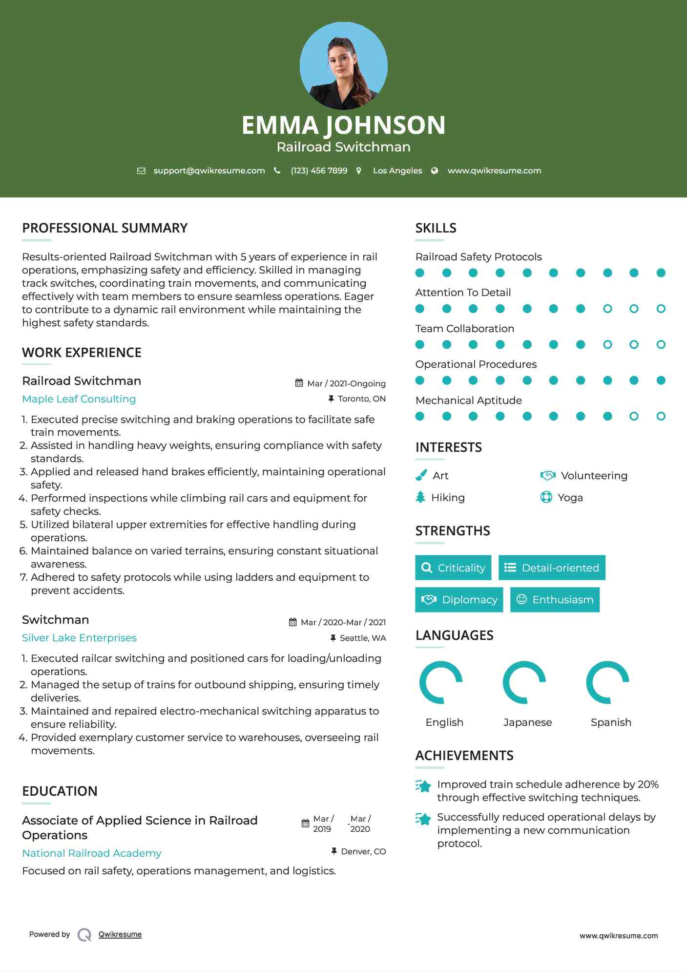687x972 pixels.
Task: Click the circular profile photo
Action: pyautogui.click(x=343, y=65)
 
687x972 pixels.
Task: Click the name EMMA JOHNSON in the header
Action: pyautogui.click(x=343, y=125)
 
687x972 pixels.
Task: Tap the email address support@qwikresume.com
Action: pyautogui.click(x=209, y=170)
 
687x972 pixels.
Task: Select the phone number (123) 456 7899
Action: pyautogui.click(x=319, y=170)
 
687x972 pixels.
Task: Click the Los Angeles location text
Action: pyautogui.click(x=397, y=170)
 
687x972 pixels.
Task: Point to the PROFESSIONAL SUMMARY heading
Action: pyautogui.click(x=104, y=228)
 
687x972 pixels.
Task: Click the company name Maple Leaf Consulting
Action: pyautogui.click(x=79, y=399)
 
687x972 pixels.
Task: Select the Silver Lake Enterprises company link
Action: pyautogui.click(x=79, y=638)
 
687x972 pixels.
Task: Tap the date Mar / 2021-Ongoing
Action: pyautogui.click(x=346, y=383)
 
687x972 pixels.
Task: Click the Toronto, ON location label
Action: pyautogui.click(x=361, y=399)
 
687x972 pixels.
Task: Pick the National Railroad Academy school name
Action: pyautogui.click(x=92, y=853)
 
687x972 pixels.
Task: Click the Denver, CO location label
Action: pyautogui.click(x=363, y=851)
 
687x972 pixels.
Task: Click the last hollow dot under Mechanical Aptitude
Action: pyautogui.click(x=661, y=416)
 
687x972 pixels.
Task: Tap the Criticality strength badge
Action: pyautogui.click(x=453, y=568)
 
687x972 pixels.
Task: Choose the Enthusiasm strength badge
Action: pyautogui.click(x=555, y=600)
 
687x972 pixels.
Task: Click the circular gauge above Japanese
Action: pyautogui.click(x=524, y=682)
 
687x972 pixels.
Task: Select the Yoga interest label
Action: pyautogui.click(x=570, y=498)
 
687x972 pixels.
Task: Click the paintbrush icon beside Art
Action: pyautogui.click(x=421, y=475)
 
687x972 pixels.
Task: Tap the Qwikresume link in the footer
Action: pyautogui.click(x=120, y=934)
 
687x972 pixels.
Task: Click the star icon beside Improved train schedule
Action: pyautogui.click(x=423, y=786)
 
